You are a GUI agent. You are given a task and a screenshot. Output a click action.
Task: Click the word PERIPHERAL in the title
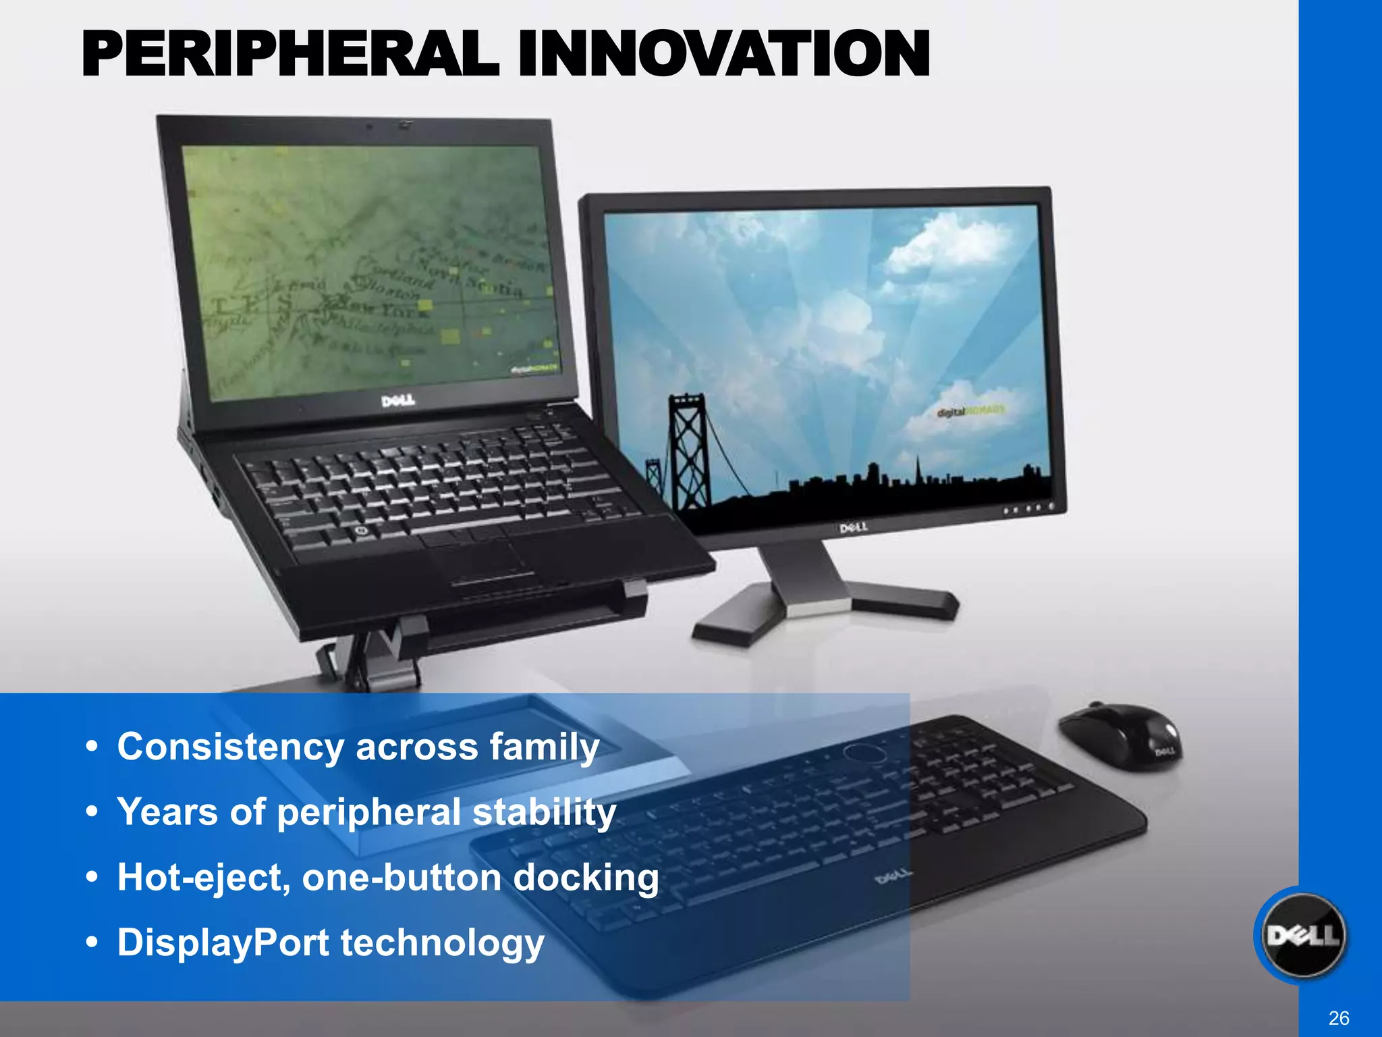click(290, 54)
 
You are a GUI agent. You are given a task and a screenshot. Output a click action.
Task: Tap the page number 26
click(1339, 1018)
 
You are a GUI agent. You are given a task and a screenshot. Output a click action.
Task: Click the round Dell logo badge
click(1303, 936)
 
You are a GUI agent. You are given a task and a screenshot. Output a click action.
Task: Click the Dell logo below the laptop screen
click(398, 402)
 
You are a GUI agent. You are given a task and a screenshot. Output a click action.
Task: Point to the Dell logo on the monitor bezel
click(853, 527)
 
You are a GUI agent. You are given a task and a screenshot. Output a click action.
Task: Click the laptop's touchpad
click(483, 560)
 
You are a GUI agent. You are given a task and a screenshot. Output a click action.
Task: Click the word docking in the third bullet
click(586, 878)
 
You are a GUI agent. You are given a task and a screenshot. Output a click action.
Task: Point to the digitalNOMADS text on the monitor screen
click(972, 410)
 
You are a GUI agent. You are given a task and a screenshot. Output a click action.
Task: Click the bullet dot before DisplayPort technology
click(92, 942)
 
